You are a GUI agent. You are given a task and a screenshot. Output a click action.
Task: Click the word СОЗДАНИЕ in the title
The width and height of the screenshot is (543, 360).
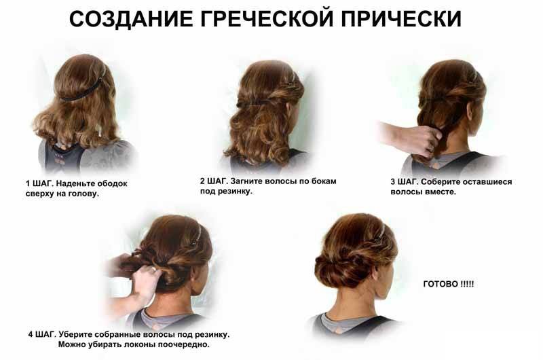coord(132,18)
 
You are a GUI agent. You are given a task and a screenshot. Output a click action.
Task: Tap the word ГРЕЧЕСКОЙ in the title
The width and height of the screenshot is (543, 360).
coord(267,18)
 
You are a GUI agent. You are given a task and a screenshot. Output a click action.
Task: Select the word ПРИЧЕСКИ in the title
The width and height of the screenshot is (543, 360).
coord(401,18)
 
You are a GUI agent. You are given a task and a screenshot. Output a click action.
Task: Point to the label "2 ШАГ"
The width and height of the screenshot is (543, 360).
coord(213,181)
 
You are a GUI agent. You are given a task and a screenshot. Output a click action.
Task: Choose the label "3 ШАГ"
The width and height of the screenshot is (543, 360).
coord(404,182)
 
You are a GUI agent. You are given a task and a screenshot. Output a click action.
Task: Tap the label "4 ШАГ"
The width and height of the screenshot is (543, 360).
coord(41,335)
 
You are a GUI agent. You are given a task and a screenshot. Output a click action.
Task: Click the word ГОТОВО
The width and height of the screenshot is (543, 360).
coord(441,284)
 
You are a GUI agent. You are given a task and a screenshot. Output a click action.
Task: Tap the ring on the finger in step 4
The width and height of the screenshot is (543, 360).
coord(153,269)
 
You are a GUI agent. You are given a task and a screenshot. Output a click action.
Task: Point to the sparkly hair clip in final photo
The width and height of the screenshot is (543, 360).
coord(380,233)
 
